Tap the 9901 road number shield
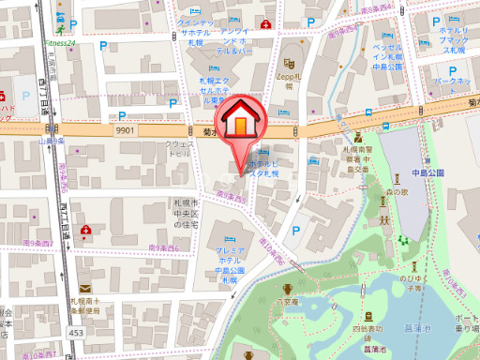click(x=127, y=132)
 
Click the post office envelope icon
click(x=85, y=288)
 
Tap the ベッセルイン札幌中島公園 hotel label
click(x=390, y=59)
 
